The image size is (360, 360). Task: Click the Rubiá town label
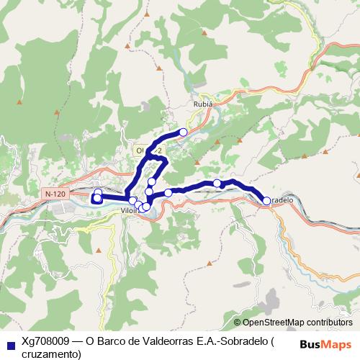point(203,103)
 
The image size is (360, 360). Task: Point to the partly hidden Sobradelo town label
point(283,200)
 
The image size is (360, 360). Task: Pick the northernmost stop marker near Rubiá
point(184,132)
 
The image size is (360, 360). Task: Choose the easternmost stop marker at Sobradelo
point(266,201)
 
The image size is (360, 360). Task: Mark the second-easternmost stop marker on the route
point(217,184)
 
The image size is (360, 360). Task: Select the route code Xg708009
point(45,341)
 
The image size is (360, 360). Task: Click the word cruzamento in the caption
point(52,354)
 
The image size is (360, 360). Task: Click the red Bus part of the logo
point(311,345)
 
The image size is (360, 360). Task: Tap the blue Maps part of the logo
point(338,345)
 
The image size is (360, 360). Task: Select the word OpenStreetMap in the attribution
point(274,322)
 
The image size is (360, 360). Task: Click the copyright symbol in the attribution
point(237,322)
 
